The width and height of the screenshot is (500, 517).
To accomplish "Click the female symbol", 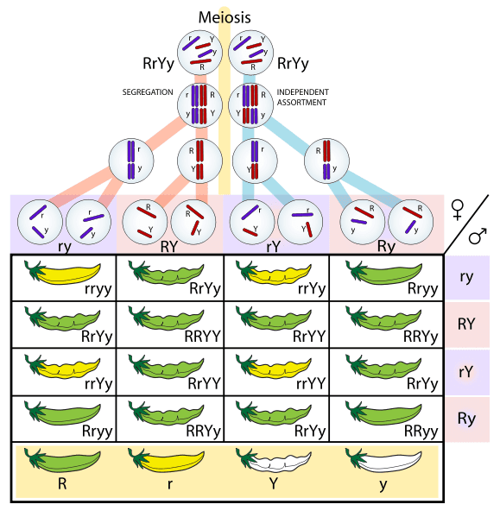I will tap(458, 209).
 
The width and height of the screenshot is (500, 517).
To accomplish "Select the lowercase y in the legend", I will tap(382, 484).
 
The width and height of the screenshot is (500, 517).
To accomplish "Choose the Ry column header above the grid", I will tap(386, 246).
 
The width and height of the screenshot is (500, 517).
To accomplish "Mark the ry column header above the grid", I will tap(64, 246).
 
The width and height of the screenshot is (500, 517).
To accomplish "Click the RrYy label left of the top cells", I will tap(160, 63).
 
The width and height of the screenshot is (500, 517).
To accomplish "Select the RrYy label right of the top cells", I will tap(293, 63).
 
